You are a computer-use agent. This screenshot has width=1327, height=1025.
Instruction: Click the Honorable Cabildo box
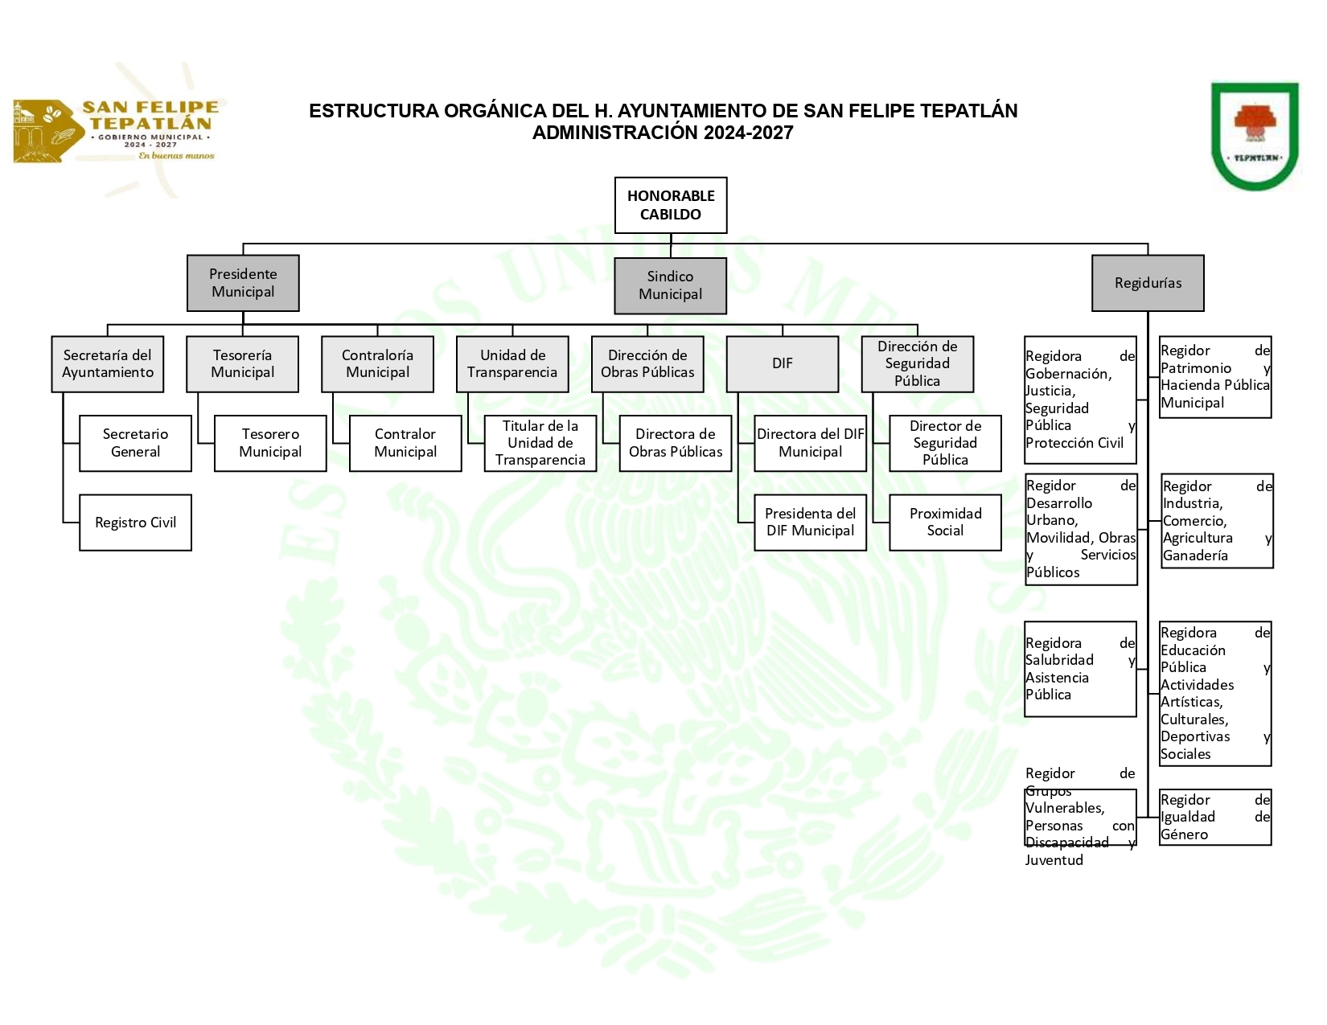tap(671, 205)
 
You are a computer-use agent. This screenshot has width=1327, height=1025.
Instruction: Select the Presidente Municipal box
tap(243, 283)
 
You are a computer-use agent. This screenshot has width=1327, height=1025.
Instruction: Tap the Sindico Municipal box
tap(670, 285)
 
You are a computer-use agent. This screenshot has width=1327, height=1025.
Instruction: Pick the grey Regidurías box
tap(1148, 283)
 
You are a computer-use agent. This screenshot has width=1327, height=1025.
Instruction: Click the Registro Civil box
tap(135, 523)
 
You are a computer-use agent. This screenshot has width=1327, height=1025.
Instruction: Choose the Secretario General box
tap(135, 443)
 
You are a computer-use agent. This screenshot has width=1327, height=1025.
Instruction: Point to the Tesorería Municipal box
tap(242, 364)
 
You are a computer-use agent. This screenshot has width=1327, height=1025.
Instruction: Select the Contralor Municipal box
tap(405, 443)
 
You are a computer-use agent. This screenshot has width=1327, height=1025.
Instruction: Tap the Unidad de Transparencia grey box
tap(512, 364)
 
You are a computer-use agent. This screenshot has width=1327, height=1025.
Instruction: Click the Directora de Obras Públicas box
tap(676, 443)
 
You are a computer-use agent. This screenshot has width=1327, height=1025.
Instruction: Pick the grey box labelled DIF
tap(783, 364)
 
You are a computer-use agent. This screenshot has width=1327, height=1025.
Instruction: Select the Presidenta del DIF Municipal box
tap(810, 523)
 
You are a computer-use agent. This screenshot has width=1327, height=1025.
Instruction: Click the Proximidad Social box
tap(945, 523)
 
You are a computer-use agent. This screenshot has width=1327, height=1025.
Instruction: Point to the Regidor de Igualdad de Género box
tap(1214, 817)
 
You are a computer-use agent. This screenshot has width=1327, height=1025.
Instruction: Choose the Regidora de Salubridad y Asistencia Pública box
tap(1080, 669)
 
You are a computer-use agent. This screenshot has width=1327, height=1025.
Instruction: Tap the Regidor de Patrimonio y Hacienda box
tap(1214, 377)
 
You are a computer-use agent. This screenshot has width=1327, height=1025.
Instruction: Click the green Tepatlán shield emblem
tap(1255, 136)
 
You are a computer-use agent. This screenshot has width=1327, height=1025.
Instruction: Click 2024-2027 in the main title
tap(748, 133)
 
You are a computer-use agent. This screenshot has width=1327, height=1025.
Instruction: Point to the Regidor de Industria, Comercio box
tap(1217, 521)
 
